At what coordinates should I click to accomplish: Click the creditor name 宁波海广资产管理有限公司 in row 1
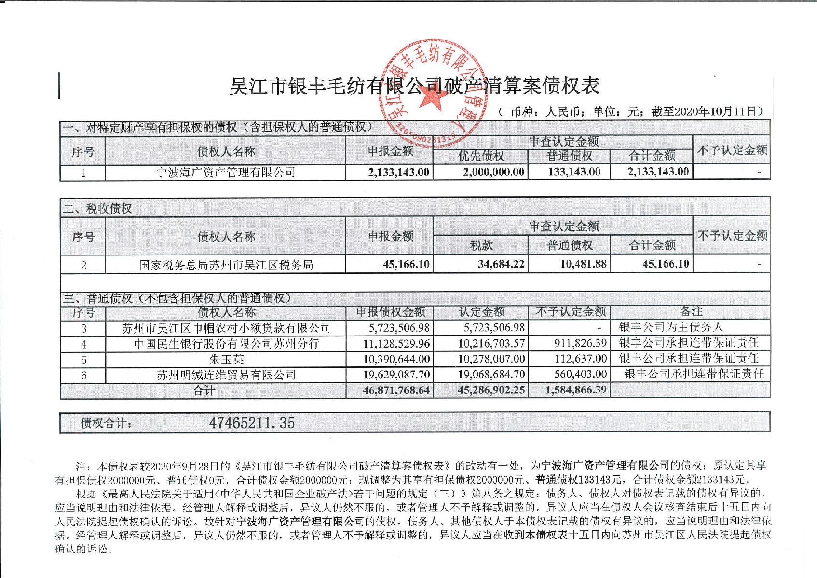(x=226, y=172)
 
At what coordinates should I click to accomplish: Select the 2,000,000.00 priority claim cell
(x=493, y=172)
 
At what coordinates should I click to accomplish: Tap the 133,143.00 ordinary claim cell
(x=574, y=172)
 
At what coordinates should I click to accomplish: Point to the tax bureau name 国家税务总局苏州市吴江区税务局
(x=226, y=265)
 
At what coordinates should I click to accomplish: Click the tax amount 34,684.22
(x=501, y=264)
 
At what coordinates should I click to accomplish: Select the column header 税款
(x=481, y=245)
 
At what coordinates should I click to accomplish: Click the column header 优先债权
(x=481, y=156)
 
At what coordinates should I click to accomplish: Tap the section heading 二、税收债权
(x=98, y=209)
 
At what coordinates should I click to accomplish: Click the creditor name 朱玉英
(x=226, y=359)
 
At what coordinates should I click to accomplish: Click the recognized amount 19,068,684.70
(x=491, y=375)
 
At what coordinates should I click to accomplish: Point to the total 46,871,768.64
(x=395, y=390)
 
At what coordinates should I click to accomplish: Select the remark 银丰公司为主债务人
(x=671, y=327)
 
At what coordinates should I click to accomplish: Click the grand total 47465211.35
(x=252, y=423)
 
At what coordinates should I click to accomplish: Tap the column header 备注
(x=691, y=311)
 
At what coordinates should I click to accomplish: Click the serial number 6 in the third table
(x=83, y=375)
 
